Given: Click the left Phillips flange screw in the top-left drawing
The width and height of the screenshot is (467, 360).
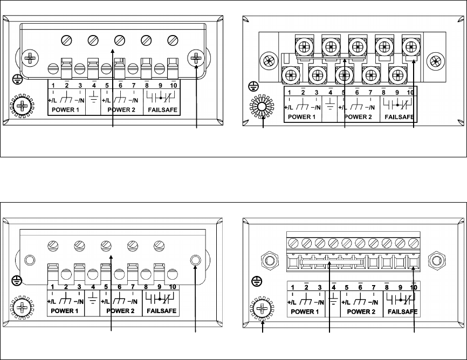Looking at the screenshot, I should pos(30,57).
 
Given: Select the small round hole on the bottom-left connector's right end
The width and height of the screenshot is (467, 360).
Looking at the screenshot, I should pos(196,260).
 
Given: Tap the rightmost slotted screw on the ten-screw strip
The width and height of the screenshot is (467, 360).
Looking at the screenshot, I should pos(414,241).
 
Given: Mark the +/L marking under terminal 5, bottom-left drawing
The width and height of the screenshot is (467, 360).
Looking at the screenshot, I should pos(106,302).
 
